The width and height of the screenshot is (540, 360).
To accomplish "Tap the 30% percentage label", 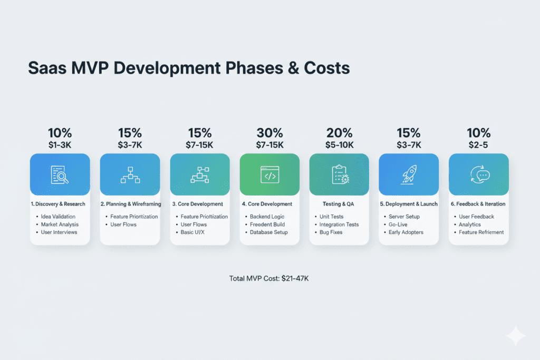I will click(x=269, y=134).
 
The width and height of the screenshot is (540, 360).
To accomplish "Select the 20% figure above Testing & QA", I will click(x=339, y=134).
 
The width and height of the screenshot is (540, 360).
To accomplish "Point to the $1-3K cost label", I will click(x=60, y=145).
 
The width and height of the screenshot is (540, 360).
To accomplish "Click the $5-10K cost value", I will click(x=339, y=145).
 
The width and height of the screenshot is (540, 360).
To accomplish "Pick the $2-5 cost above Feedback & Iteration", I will click(x=478, y=145).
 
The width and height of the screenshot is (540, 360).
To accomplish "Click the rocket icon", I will click(x=409, y=174).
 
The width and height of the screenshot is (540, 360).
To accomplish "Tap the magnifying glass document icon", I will click(x=60, y=174).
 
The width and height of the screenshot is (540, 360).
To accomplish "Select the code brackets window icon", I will click(x=269, y=174).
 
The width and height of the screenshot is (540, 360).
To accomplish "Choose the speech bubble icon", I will click(x=478, y=174).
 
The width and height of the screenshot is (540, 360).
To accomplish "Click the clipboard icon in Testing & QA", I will click(x=339, y=174).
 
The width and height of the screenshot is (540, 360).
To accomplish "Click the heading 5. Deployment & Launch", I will click(x=409, y=204).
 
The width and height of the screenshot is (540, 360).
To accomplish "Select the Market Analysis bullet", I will click(x=60, y=225).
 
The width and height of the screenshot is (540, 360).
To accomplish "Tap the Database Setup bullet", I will click(x=268, y=232).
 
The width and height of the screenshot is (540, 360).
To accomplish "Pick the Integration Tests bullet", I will click(x=339, y=225).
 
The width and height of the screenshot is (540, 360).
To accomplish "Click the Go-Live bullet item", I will click(x=398, y=225).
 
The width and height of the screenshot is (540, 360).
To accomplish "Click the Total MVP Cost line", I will click(x=269, y=278).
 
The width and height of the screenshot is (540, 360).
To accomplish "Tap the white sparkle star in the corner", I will click(x=515, y=336).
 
